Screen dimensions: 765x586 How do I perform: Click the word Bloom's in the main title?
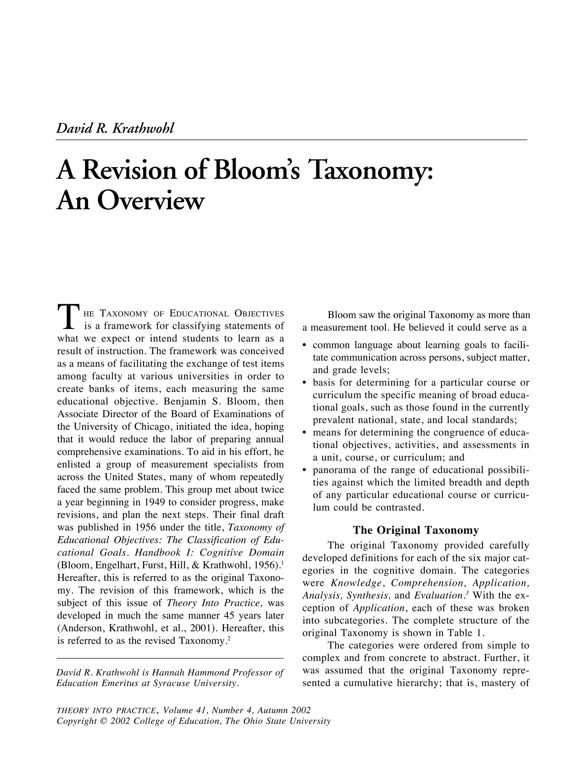256,170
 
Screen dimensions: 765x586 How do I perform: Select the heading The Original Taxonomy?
415,530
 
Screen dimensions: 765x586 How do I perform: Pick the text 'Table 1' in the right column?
465,633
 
